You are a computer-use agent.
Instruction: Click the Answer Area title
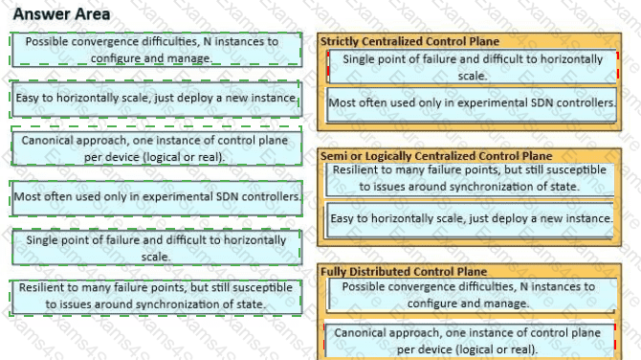pyautogui.click(x=61, y=14)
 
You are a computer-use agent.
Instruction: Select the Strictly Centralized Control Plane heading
pyautogui.click(x=409, y=41)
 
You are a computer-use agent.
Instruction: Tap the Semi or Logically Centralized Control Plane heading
pyautogui.click(x=436, y=156)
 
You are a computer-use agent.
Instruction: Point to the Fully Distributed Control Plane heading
pyautogui.click(x=404, y=271)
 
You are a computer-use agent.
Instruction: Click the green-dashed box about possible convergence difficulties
pyautogui.click(x=156, y=50)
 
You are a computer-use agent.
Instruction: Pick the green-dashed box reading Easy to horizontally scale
pyautogui.click(x=156, y=99)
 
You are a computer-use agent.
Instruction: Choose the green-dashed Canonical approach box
pyautogui.click(x=156, y=146)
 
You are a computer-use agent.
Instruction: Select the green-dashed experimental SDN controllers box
pyautogui.click(x=156, y=197)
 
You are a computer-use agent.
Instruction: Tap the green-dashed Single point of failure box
pyautogui.click(x=156, y=247)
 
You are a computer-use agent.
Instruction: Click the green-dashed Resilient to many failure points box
pyautogui.click(x=156, y=297)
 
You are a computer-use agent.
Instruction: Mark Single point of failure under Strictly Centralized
pyautogui.click(x=473, y=67)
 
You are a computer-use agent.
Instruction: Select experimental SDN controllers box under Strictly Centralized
pyautogui.click(x=472, y=104)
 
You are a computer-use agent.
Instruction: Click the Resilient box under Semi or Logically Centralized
pyautogui.click(x=470, y=179)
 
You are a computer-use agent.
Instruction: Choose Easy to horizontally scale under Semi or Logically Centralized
pyautogui.click(x=470, y=219)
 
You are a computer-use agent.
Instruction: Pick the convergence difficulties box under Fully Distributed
pyautogui.click(x=472, y=295)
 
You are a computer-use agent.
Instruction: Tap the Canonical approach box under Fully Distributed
pyautogui.click(x=470, y=341)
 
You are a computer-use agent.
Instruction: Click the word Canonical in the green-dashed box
pyautogui.click(x=48, y=141)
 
